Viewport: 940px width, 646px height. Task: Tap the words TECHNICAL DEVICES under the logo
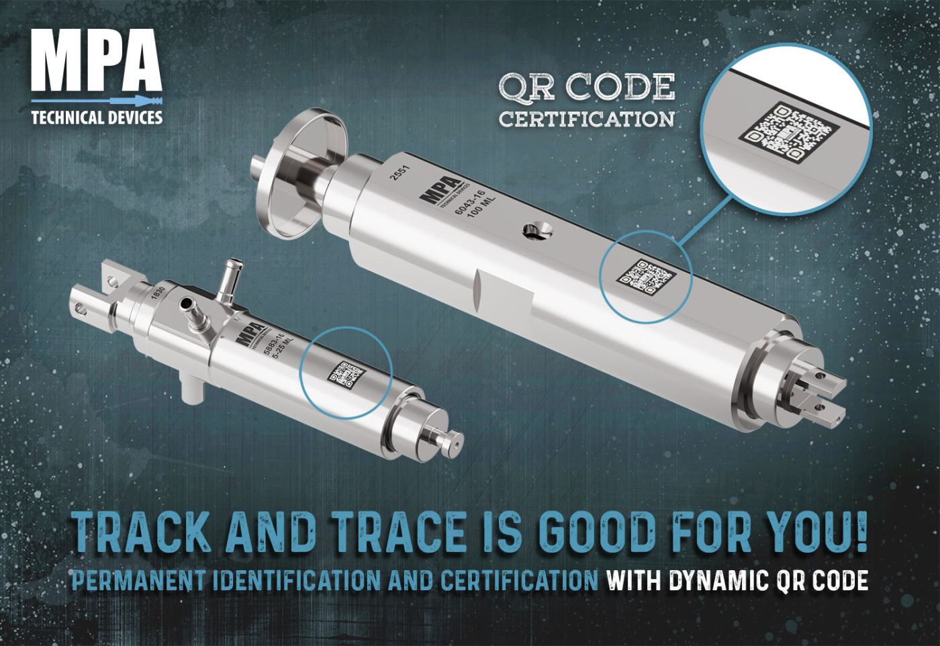point(97,118)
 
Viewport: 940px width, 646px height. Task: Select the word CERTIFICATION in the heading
point(587,120)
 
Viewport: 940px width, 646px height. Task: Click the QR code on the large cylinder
point(645,276)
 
